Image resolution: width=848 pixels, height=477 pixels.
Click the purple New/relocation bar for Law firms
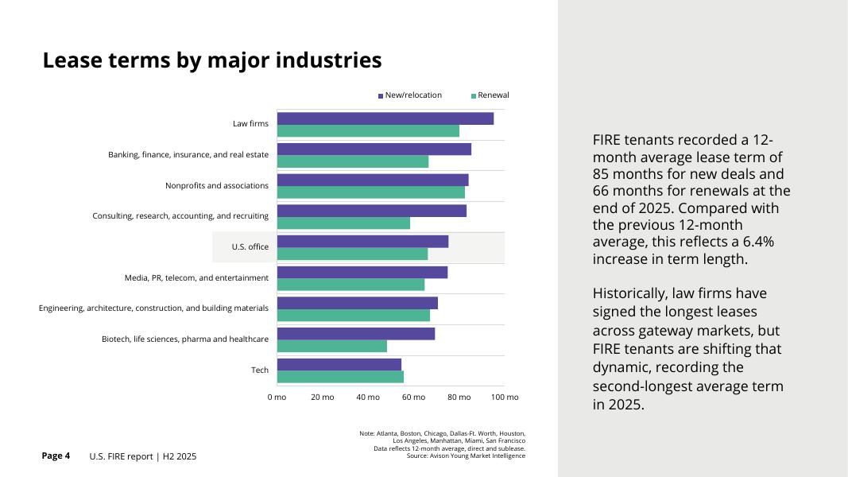[385, 118]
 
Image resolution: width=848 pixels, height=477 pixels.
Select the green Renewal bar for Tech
[340, 377]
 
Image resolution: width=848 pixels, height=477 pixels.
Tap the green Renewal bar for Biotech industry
[331, 347]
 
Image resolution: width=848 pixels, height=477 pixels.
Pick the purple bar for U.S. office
[362, 242]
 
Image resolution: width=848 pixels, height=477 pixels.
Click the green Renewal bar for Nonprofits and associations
[370, 192]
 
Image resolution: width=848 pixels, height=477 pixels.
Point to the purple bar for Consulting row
[371, 211]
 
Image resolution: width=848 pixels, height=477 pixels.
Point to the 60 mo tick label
[413, 397]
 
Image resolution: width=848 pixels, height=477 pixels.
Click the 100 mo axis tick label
[505, 397]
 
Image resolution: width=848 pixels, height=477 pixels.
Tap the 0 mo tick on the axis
[277, 397]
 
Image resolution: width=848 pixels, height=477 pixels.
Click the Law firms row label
[250, 124]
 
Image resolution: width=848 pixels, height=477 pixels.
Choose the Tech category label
[260, 370]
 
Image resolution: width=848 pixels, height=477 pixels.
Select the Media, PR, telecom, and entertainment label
[196, 277]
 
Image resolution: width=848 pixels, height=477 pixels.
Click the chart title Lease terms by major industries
[212, 60]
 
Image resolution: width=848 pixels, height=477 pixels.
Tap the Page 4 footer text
[56, 456]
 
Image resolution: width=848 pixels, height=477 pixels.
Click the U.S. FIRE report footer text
[143, 456]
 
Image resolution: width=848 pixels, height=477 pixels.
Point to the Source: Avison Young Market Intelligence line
[466, 456]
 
